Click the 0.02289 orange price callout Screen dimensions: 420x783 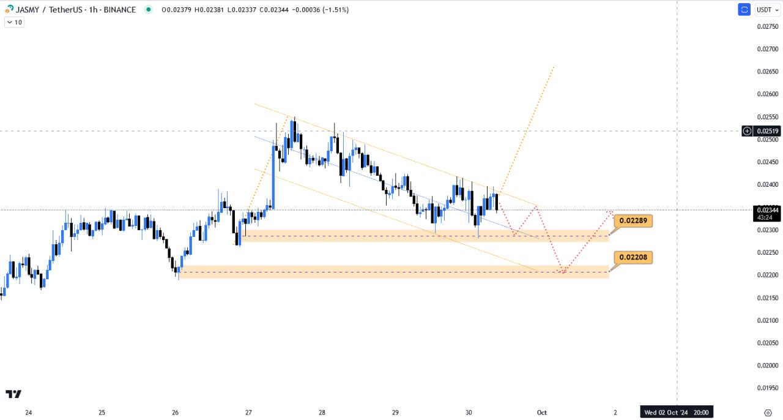[633, 220]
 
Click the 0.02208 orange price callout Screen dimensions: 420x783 [633, 257]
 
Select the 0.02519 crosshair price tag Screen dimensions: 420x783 [767, 131]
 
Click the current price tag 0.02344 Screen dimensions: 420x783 [767, 210]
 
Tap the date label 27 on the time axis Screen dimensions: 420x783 [248, 413]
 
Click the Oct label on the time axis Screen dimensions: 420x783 [542, 413]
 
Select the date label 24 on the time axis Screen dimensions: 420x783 [28, 413]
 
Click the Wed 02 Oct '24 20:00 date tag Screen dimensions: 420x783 [677, 413]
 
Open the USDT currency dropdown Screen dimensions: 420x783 [768, 10]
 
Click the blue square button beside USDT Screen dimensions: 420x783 [744, 10]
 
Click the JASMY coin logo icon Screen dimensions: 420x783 [9, 9]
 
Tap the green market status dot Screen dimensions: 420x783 [148, 10]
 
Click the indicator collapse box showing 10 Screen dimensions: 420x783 [14, 22]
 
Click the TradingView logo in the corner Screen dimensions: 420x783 [13, 394]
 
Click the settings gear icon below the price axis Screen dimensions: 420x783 [768, 413]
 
